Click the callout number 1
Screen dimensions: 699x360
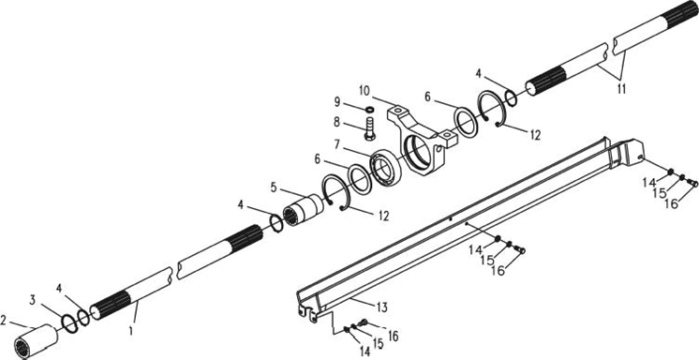tap(131, 331)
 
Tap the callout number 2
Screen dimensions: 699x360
tap(4, 320)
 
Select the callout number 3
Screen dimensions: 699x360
tap(33, 300)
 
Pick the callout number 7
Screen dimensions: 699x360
tap(337, 145)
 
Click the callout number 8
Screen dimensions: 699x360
tap(336, 121)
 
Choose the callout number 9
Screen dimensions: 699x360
tap(337, 102)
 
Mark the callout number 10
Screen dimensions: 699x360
tap(364, 91)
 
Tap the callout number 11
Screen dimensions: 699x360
tap(621, 89)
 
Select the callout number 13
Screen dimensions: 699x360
tap(381, 307)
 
